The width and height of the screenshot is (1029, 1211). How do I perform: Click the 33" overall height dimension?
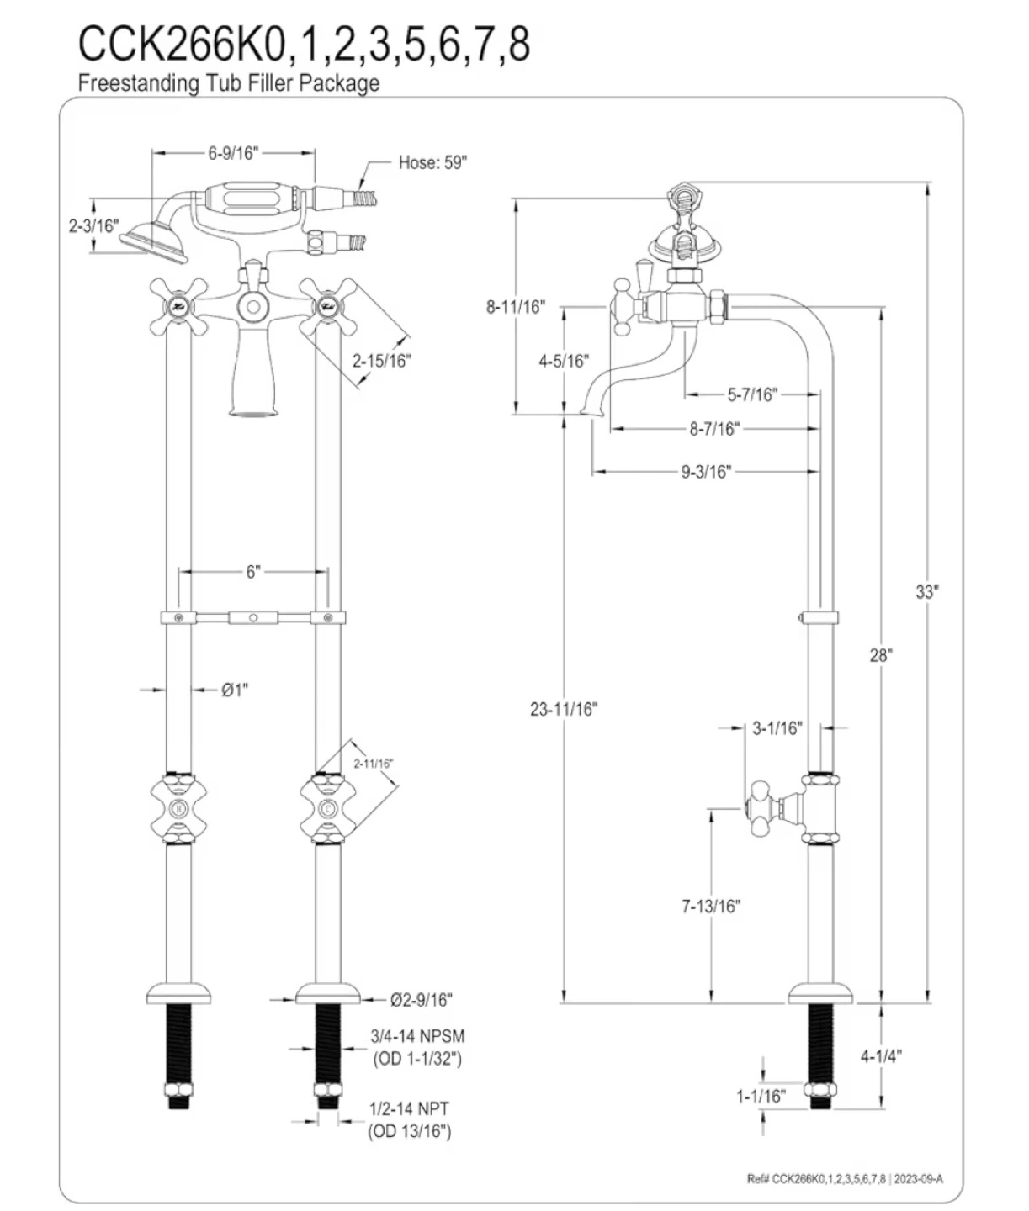click(926, 592)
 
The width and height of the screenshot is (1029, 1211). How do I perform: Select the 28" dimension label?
click(881, 655)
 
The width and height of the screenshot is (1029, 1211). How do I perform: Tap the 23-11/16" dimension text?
click(563, 709)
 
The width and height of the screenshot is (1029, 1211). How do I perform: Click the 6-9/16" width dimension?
click(233, 152)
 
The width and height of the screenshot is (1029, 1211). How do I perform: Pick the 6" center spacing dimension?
click(253, 572)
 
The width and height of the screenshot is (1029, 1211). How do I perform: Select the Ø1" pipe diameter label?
click(235, 690)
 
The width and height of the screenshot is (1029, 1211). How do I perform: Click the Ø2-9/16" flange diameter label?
click(422, 999)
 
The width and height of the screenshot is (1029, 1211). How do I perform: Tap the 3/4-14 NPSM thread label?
click(418, 1036)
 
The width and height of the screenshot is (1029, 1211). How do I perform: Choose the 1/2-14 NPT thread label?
click(410, 1108)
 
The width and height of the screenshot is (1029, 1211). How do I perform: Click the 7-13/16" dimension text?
click(711, 906)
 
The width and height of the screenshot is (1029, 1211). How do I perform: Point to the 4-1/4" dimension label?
click(881, 1056)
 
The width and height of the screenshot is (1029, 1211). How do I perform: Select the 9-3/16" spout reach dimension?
click(706, 472)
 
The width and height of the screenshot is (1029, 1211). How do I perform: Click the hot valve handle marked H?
click(177, 810)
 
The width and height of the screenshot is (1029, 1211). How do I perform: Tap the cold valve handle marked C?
click(327, 810)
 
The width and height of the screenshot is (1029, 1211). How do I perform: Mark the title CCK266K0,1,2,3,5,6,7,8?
click(304, 44)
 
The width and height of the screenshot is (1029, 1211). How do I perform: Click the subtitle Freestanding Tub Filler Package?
click(228, 83)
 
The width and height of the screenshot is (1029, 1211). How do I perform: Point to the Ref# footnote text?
click(845, 1178)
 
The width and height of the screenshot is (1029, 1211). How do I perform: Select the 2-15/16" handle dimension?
click(381, 361)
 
